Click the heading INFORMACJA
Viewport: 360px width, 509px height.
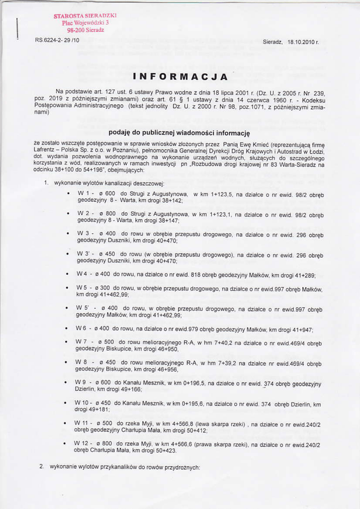(180, 77)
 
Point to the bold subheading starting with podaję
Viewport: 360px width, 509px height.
(179, 133)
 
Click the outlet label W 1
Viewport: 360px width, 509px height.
(83, 193)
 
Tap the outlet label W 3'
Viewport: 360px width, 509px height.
(83, 253)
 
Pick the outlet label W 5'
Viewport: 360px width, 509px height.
(83, 308)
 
